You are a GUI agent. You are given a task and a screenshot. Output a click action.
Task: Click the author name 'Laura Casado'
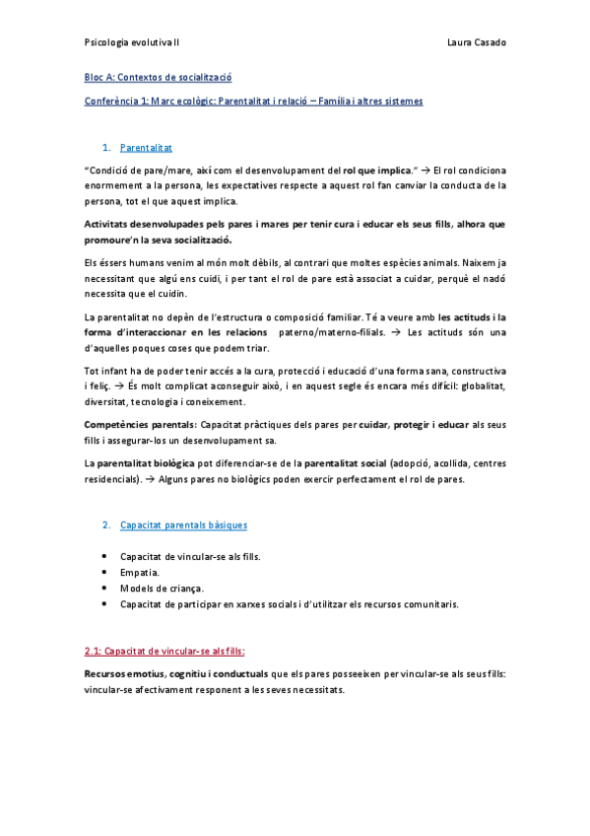[476, 42]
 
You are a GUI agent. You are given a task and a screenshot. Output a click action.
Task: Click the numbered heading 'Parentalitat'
[146, 147]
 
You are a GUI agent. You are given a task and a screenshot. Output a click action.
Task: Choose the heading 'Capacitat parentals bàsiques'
[184, 524]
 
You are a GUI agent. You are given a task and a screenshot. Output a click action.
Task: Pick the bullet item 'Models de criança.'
[163, 588]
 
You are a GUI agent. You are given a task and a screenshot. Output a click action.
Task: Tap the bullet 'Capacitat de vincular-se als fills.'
[190, 556]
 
